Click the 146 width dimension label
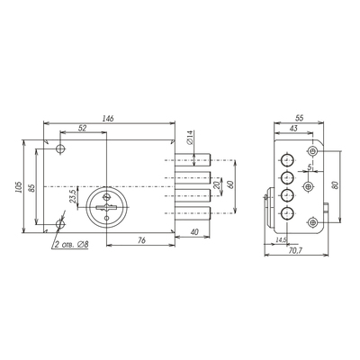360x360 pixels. (x=108, y=119)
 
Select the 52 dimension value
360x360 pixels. (x=82, y=128)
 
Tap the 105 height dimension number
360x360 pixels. (x=19, y=187)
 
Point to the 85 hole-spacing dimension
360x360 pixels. (x=32, y=187)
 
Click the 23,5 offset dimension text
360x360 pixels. (x=73, y=196)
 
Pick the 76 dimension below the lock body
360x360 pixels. (x=141, y=240)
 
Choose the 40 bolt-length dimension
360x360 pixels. (x=194, y=232)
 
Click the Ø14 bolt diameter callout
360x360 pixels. (x=190, y=138)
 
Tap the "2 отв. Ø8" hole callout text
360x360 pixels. (x=71, y=245)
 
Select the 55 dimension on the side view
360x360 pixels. (x=300, y=118)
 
